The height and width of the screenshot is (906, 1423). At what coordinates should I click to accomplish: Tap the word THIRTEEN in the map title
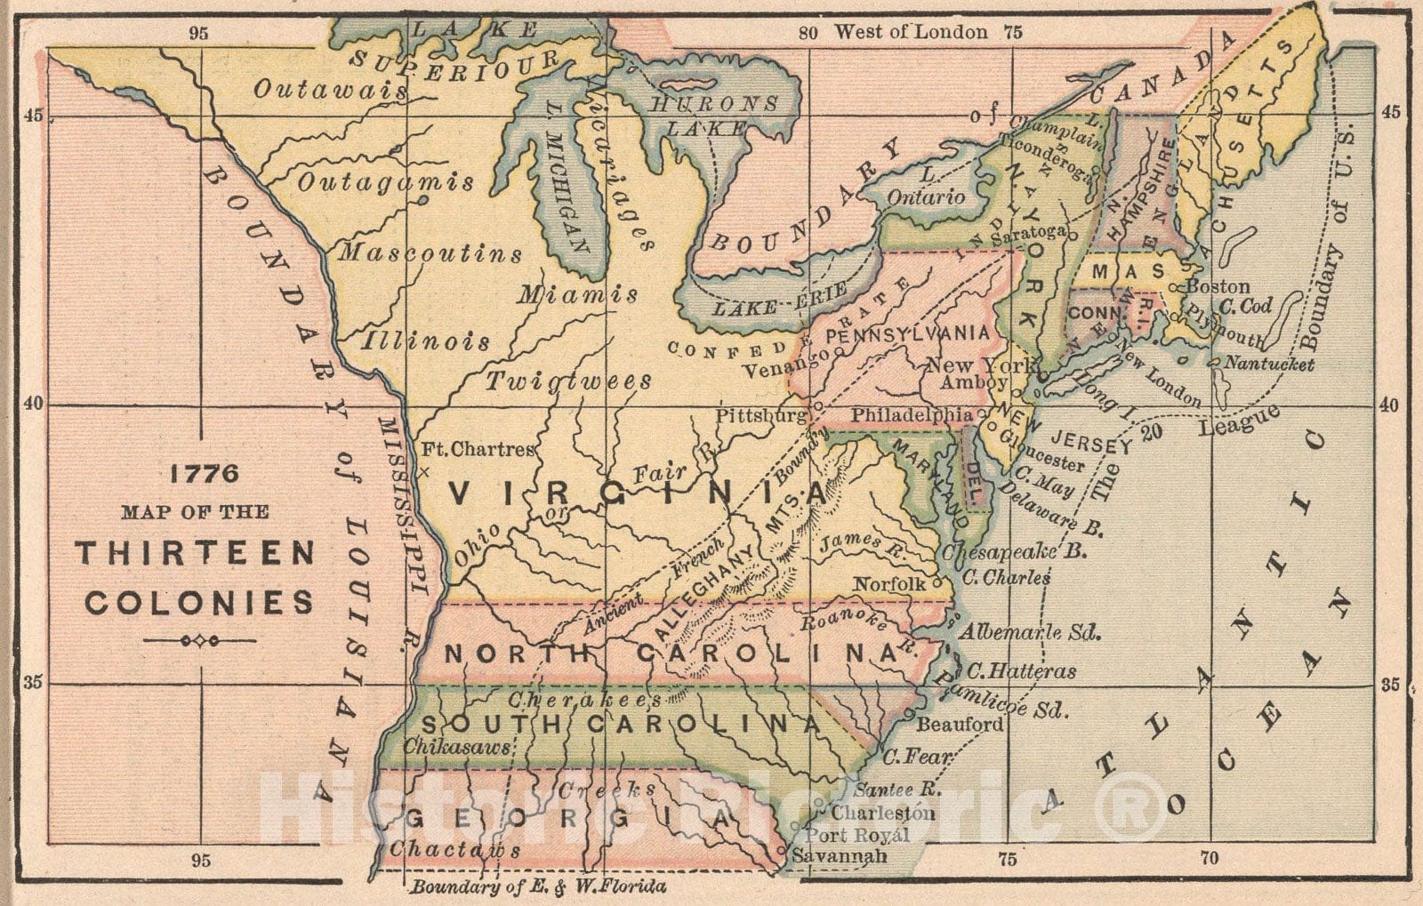coord(195,553)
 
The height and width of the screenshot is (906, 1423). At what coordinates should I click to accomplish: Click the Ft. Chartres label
coord(478,450)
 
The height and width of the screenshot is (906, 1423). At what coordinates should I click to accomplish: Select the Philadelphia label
coord(912,414)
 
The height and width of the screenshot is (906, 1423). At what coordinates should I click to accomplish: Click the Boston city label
coord(1218,287)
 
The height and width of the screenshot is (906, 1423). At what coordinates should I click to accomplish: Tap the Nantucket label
coord(1269,364)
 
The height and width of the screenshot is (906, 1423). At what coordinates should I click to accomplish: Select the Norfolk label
coord(889,584)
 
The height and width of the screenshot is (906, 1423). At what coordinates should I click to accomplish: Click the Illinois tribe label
coord(426,341)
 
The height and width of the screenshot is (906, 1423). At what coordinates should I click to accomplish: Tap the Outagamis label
coord(385,183)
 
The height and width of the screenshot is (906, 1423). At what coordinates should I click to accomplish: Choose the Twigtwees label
coord(568,381)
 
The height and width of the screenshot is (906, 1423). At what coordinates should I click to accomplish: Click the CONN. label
coord(1092,314)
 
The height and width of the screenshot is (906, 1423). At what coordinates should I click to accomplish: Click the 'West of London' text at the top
coord(910,33)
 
